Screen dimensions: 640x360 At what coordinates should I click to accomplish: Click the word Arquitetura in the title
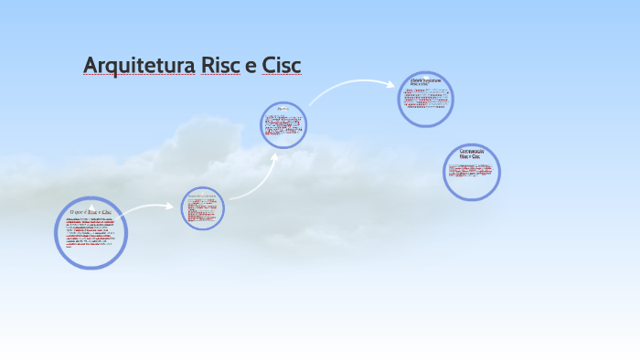(x=138, y=66)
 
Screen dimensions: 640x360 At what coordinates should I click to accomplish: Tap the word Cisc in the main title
(x=281, y=66)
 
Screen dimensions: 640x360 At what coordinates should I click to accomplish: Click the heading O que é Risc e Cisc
(x=91, y=212)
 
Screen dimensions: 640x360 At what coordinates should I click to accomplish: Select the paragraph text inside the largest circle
(x=88, y=235)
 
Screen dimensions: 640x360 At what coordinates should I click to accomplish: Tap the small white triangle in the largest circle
(x=91, y=205)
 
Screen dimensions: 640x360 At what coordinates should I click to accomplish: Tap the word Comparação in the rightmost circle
(x=472, y=151)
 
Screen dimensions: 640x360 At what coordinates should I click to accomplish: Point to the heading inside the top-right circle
(x=426, y=82)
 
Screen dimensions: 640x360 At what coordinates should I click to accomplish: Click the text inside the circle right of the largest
(x=202, y=209)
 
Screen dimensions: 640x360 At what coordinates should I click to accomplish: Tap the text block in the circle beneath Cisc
(x=283, y=127)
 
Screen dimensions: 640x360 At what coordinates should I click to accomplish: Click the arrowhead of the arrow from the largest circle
(x=169, y=206)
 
